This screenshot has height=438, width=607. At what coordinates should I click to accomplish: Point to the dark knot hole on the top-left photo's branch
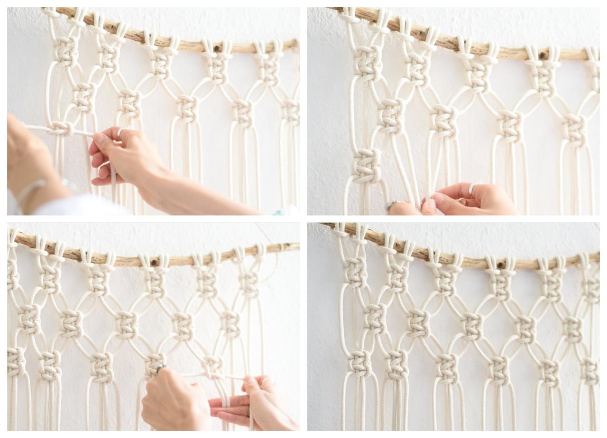click(x=218, y=48)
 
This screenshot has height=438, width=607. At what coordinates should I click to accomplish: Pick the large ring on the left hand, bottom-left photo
click(x=160, y=367)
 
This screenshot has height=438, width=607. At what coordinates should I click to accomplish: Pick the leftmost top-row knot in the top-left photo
click(x=66, y=51)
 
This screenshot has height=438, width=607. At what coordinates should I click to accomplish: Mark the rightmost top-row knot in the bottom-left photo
click(x=248, y=283)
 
